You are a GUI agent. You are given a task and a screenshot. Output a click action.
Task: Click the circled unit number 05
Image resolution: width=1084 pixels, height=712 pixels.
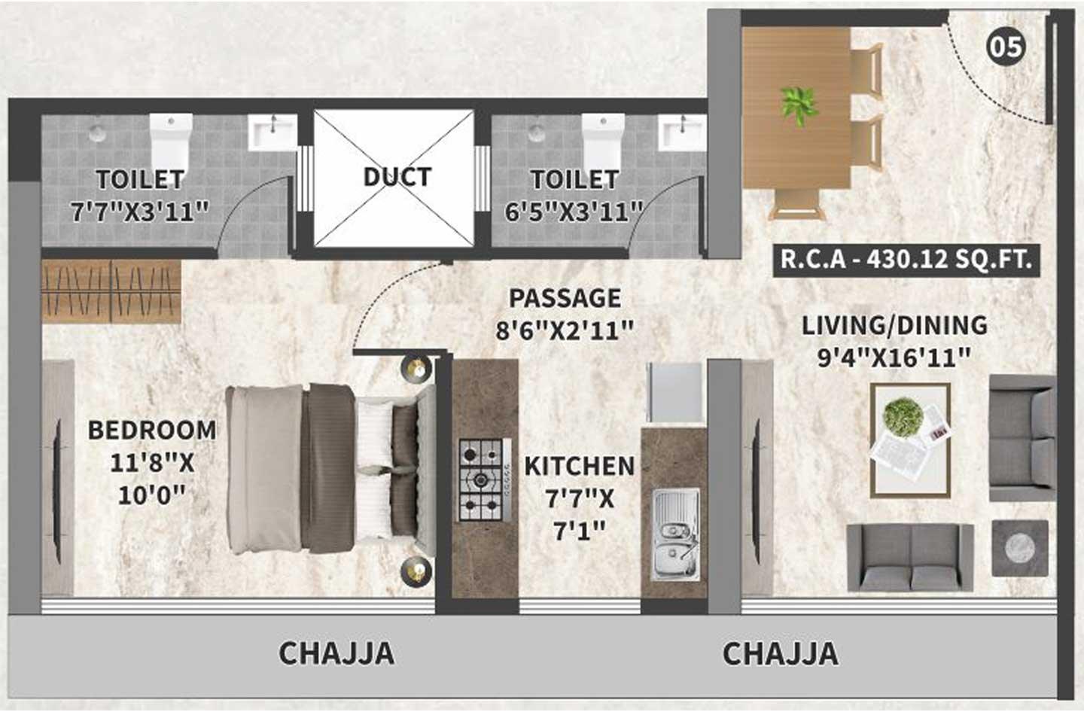click(x=1006, y=47)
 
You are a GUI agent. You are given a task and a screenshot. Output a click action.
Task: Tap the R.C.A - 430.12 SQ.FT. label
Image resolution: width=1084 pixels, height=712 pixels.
click(x=905, y=260)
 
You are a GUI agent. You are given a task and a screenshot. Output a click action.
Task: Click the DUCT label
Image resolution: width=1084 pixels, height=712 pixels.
click(x=397, y=177)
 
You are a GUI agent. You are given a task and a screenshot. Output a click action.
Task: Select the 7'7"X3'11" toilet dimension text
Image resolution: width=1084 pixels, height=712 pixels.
click(x=139, y=211)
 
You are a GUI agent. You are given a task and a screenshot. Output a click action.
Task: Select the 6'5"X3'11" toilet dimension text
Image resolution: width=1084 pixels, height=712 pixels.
click(x=574, y=211)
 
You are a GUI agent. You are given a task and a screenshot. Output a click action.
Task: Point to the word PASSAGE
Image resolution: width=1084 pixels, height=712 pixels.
click(x=565, y=298)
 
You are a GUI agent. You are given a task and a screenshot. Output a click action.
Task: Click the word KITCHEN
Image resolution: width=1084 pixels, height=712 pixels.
click(x=579, y=466)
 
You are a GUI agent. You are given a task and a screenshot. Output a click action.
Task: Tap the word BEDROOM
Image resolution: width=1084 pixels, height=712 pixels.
click(x=152, y=430)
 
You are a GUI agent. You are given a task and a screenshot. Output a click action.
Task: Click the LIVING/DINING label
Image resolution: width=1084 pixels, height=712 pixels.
click(x=894, y=325)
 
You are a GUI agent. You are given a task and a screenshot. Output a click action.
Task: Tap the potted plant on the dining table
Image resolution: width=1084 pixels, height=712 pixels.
click(x=799, y=106)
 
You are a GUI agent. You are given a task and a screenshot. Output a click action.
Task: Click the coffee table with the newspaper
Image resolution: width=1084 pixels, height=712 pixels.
click(x=910, y=440)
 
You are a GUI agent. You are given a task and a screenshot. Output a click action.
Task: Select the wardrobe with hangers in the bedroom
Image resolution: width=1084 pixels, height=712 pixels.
click(x=111, y=291)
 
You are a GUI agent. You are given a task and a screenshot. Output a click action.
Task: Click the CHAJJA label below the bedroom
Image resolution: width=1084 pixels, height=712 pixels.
click(x=336, y=653)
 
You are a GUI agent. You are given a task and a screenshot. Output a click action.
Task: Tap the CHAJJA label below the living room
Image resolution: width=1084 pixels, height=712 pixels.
click(x=780, y=653)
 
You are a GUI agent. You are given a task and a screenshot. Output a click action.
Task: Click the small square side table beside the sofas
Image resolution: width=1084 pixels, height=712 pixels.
click(x=1019, y=547)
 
